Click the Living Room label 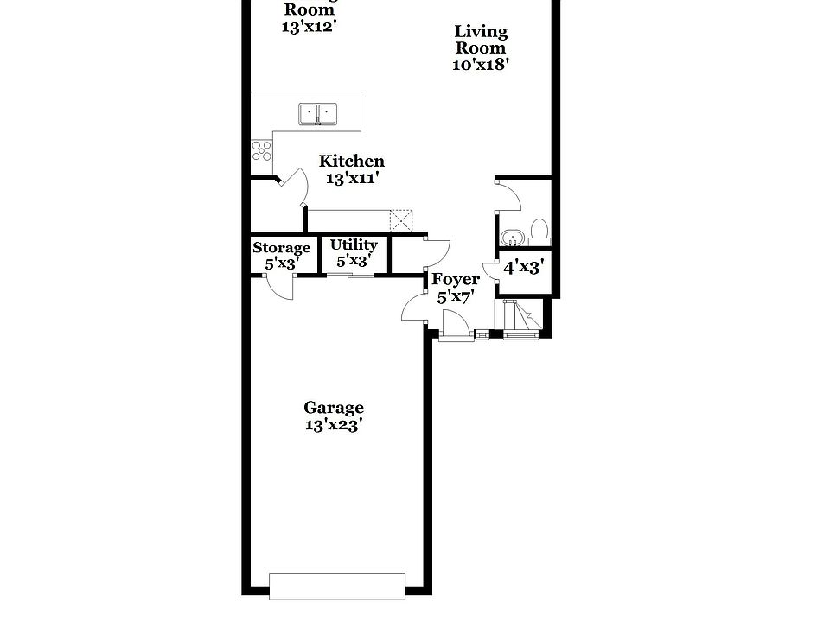click(x=482, y=40)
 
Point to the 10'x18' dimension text click(x=480, y=65)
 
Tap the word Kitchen click(x=352, y=162)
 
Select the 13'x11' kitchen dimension click(x=353, y=179)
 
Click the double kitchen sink click(x=318, y=113)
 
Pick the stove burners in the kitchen click(x=261, y=151)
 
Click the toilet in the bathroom click(x=539, y=232)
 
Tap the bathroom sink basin click(x=511, y=237)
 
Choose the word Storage click(x=281, y=249)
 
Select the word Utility click(x=354, y=245)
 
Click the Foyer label click(x=456, y=280)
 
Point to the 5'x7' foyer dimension click(x=456, y=298)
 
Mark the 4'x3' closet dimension click(x=522, y=268)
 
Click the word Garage click(x=334, y=408)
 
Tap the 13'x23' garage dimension click(x=334, y=425)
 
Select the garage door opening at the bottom click(x=336, y=585)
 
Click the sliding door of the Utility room click(x=350, y=275)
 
